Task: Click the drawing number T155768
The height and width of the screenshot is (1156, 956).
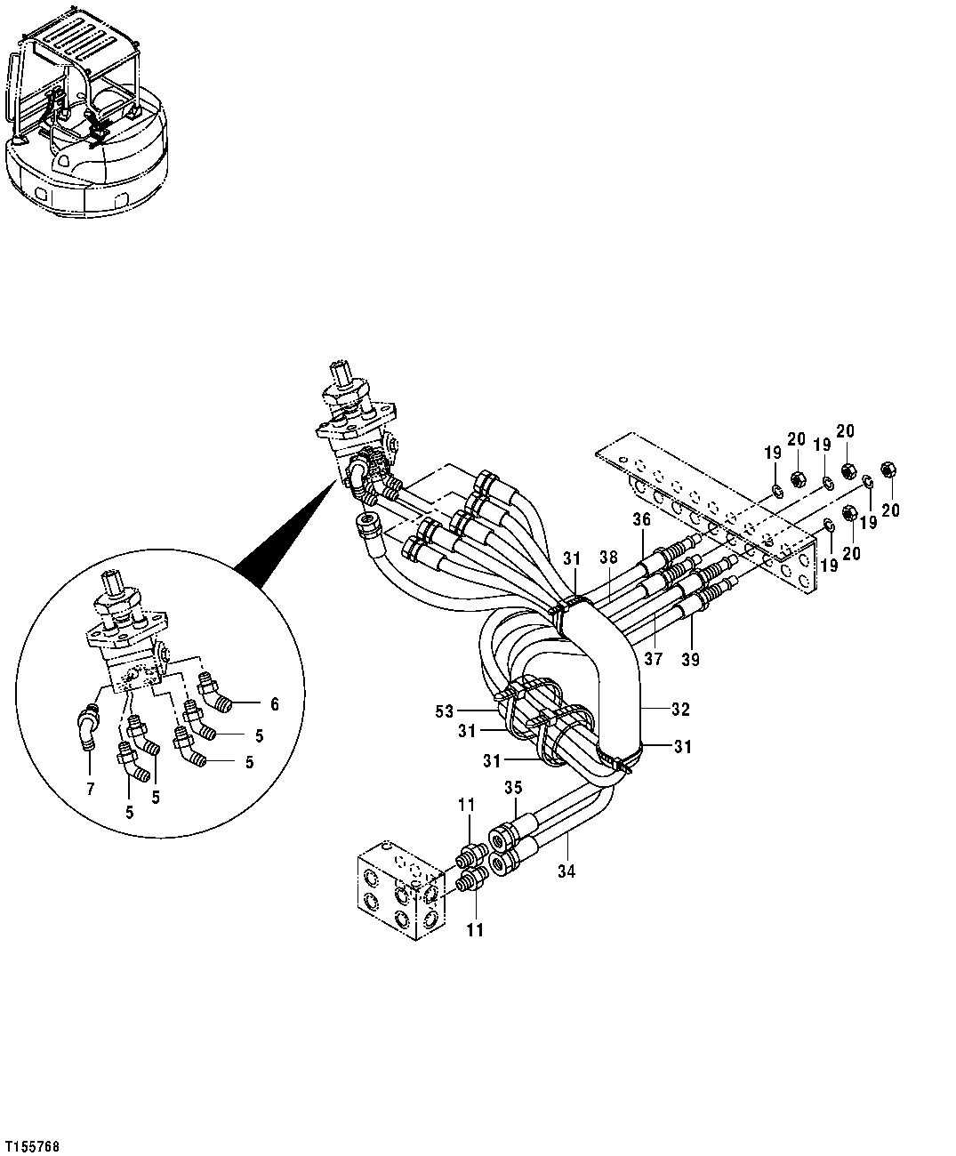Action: (32, 1147)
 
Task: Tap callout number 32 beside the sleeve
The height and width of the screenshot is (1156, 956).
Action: (680, 710)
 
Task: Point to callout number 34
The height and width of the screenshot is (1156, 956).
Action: (566, 872)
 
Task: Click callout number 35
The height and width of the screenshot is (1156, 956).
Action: (512, 787)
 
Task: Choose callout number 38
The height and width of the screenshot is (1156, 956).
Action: (607, 558)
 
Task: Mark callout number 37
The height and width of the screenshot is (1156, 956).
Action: (655, 659)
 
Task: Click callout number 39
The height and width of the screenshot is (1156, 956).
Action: (692, 659)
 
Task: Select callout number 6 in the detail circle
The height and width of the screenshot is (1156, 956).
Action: (275, 703)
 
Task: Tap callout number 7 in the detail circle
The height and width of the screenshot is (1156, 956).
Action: (88, 789)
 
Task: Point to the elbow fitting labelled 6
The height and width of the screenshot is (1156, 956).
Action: (216, 694)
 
